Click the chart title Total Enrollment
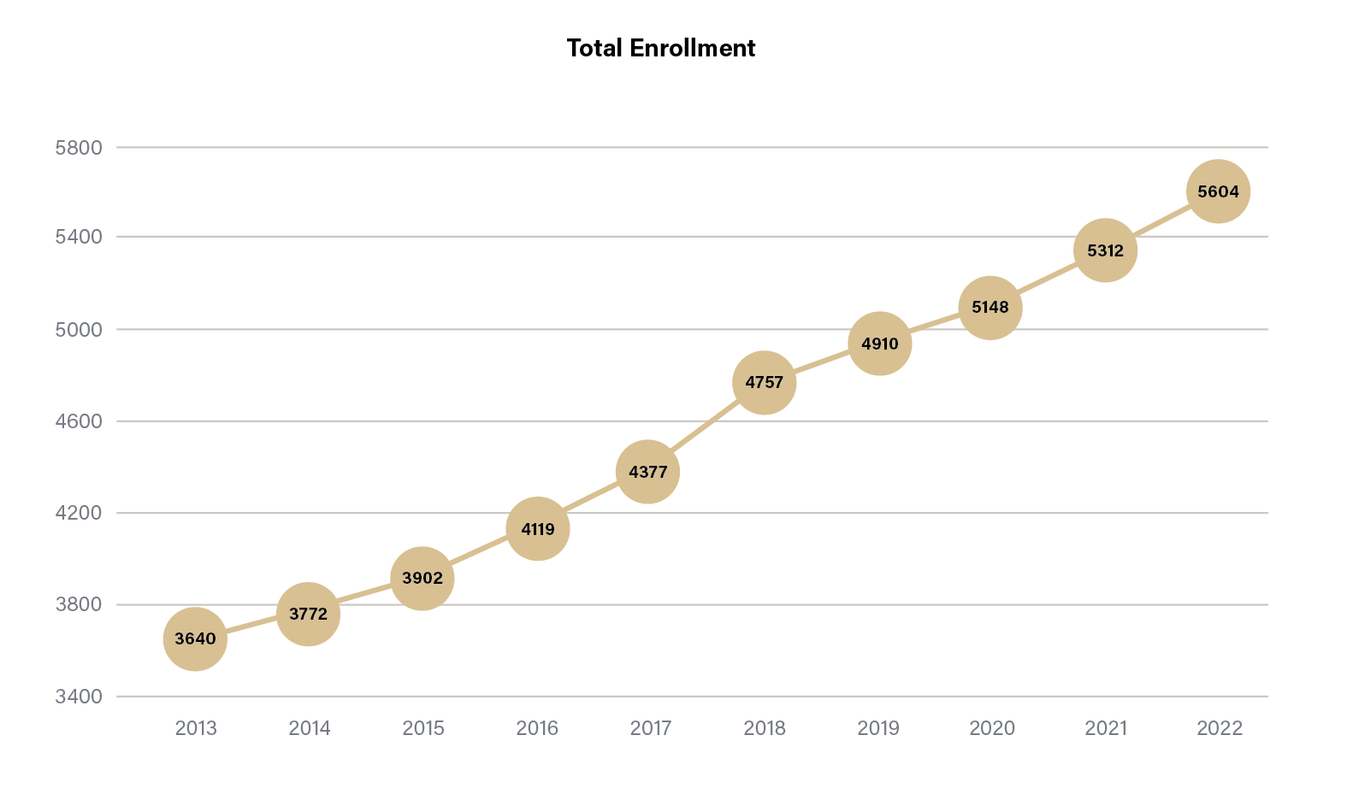pos(660,48)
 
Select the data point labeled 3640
pos(195,638)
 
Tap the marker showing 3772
pos(308,614)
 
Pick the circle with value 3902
pos(422,578)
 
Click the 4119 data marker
pos(538,529)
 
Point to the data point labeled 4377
pos(647,472)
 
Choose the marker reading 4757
pos(764,382)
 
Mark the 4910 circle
pos(879,344)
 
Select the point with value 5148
pos(990,307)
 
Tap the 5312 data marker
pos(1105,250)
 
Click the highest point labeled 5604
pos(1218,191)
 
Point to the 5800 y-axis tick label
pos(79,148)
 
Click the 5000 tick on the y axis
pos(79,329)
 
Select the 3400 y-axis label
pos(79,697)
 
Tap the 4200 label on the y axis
pos(79,513)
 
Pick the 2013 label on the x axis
pos(196,728)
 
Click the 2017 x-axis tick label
pos(651,728)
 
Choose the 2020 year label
pos(992,728)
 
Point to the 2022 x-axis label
pos(1220,728)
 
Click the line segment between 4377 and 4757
pos(706,427)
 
